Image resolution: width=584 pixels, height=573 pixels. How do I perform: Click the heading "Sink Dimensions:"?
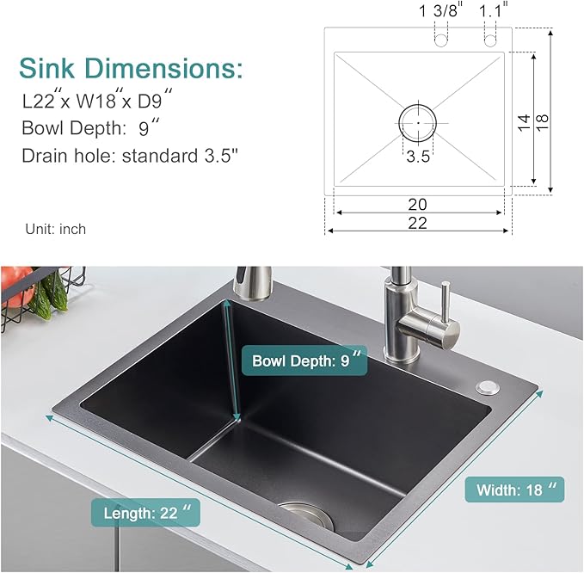[132, 68]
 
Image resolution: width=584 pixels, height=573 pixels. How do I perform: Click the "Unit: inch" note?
[56, 229]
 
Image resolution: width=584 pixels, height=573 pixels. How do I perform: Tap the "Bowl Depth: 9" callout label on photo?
[304, 360]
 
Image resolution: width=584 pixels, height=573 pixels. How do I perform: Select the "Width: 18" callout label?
[514, 490]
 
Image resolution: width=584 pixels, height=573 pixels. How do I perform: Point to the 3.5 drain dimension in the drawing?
[418, 157]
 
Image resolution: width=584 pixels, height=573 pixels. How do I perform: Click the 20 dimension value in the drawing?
[418, 205]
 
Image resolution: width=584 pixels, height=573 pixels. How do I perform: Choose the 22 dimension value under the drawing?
[418, 223]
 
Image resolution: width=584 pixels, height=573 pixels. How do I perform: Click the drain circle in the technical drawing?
[418, 122]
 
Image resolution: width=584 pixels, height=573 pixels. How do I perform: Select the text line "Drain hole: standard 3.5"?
[130, 156]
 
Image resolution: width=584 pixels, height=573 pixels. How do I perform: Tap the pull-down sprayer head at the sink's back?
[246, 283]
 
